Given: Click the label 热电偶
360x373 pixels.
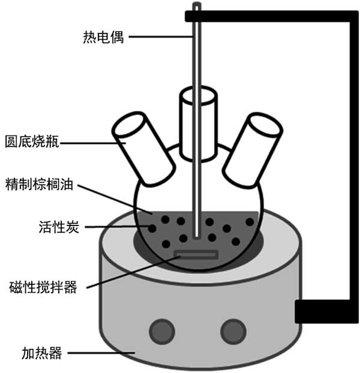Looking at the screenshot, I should [x=103, y=37].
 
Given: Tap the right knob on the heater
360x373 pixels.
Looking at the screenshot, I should [x=231, y=329].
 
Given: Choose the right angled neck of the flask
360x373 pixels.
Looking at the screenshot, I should [x=252, y=146].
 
